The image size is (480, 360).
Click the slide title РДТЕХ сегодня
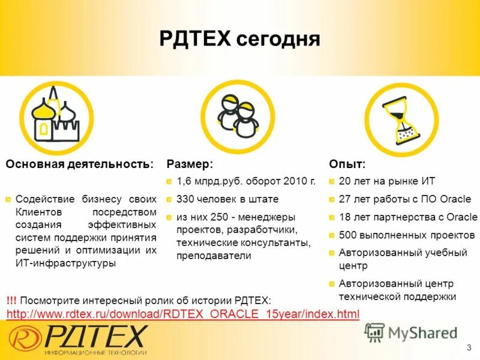[x=240, y=40]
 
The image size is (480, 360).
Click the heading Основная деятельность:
[x=79, y=164]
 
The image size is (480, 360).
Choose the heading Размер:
[x=190, y=164]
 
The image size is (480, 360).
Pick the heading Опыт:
[x=347, y=164]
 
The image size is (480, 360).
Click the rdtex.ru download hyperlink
[x=182, y=314]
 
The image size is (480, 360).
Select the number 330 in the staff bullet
[x=185, y=199]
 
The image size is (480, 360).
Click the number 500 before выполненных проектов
[x=347, y=235]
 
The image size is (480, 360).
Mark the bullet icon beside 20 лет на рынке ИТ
[x=332, y=181]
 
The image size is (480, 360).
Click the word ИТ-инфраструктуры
[x=66, y=263]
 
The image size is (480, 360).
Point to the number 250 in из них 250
[x=222, y=216]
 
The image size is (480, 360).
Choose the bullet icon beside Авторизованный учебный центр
[x=332, y=253]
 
